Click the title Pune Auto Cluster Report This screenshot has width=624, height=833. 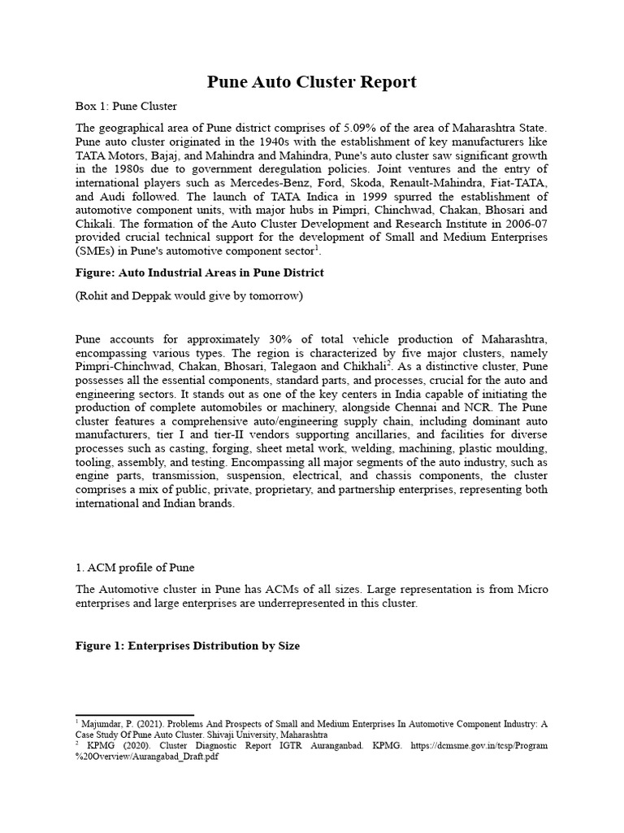pos(312,81)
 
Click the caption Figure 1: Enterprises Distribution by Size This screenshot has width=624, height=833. pos(188,646)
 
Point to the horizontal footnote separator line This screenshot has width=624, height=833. pos(134,714)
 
